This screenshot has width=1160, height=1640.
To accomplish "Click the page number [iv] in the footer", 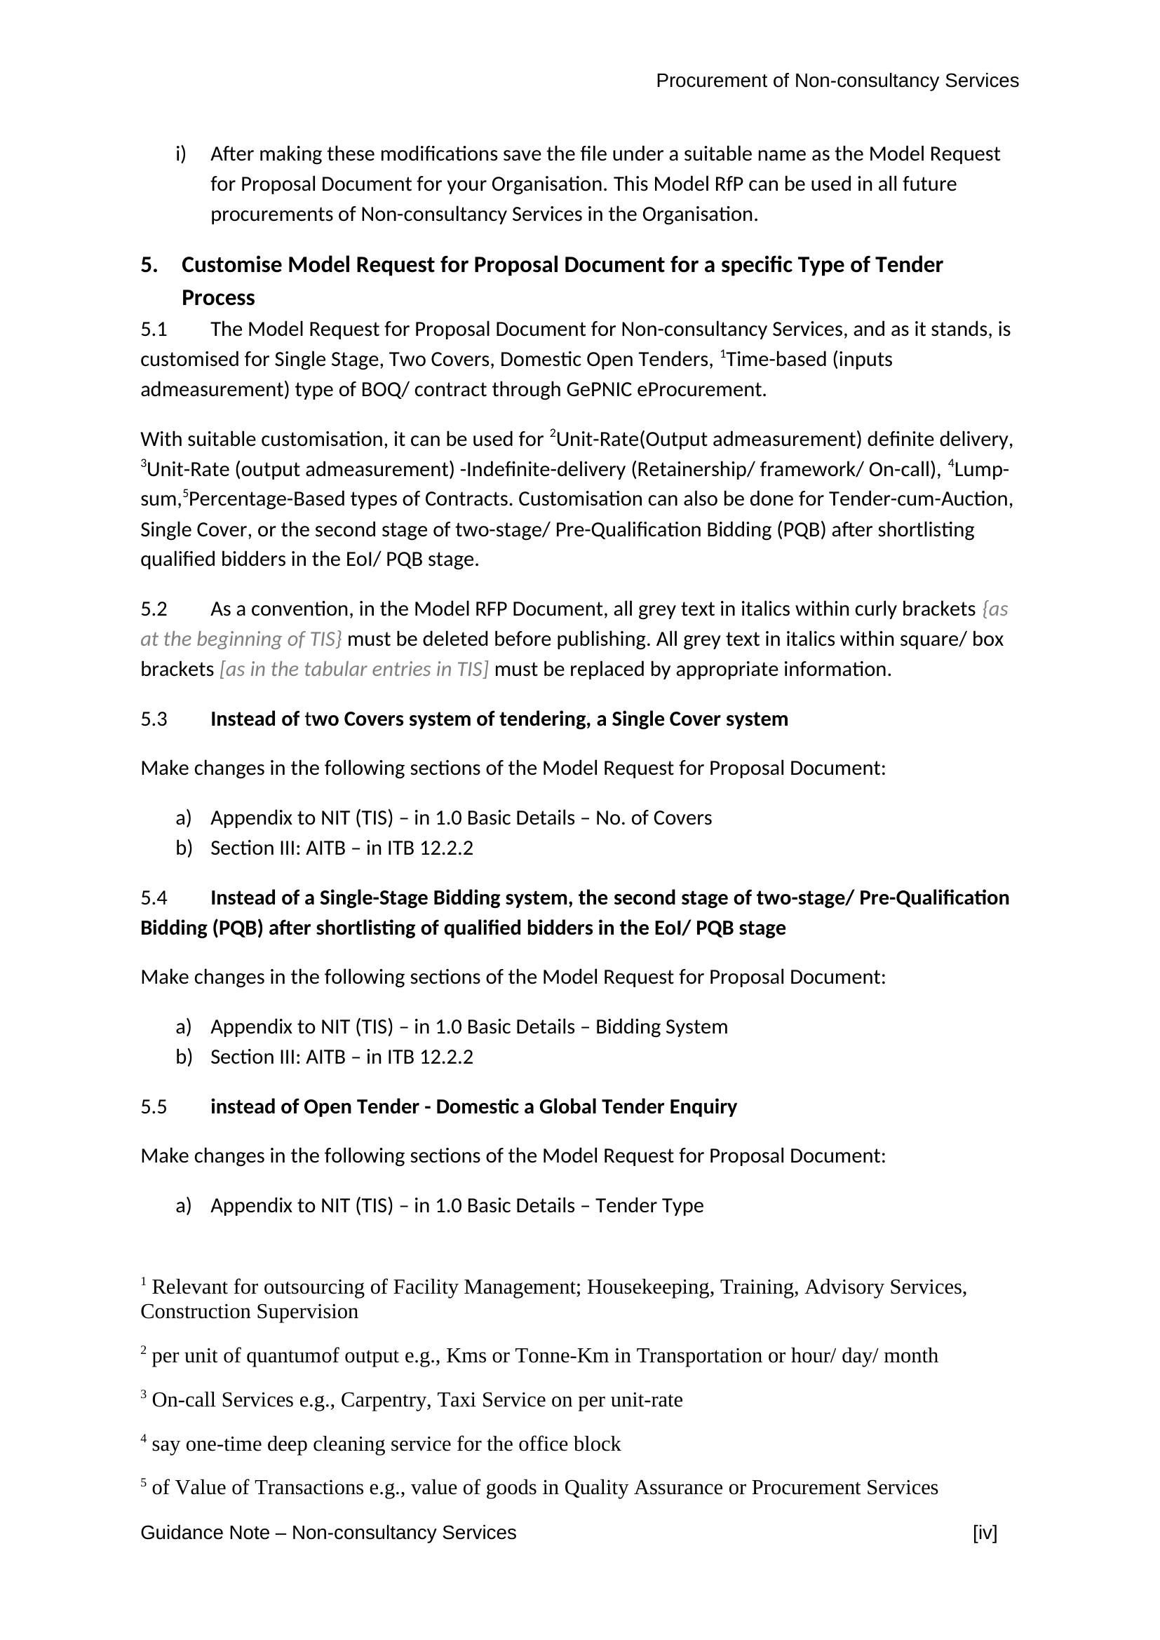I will click(x=984, y=1532).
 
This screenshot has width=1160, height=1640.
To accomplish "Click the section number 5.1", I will click(x=154, y=330).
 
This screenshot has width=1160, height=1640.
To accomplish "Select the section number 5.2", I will click(x=154, y=609).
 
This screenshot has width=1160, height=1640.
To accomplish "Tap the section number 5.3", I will click(x=154, y=719).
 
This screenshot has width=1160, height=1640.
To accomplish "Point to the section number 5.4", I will click(x=154, y=898).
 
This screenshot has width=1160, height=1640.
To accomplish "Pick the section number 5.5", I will click(x=154, y=1106).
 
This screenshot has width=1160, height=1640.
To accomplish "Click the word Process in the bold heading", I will click(x=218, y=298).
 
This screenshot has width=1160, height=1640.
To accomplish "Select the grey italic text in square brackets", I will click(x=354, y=670).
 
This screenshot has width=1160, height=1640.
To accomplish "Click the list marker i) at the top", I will click(x=181, y=154).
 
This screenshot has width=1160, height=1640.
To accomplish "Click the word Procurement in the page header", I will click(x=711, y=81).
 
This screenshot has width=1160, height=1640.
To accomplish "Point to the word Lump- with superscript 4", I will click(x=980, y=470).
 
